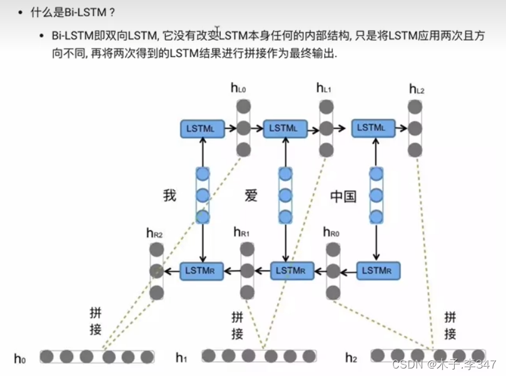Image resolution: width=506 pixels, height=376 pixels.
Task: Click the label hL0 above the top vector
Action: pos(238,89)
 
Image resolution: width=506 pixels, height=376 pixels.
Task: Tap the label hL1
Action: pos(324,89)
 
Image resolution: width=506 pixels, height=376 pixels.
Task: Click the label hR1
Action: pos(241,233)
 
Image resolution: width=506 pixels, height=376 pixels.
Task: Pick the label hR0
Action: pos(331,233)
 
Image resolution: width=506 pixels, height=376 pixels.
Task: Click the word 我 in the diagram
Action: pos(170,196)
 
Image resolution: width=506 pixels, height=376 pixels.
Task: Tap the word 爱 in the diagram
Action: pos(251,196)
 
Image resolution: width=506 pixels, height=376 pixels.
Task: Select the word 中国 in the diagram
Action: pos(343,196)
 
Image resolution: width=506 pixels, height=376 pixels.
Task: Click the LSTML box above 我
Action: pos(201,129)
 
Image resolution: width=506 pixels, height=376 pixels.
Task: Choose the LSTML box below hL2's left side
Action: pos(373,128)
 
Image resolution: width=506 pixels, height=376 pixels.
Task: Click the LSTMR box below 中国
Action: pos(378,270)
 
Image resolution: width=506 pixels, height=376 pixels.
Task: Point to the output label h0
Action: pos(21,358)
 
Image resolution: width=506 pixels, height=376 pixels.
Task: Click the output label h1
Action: pos(181,358)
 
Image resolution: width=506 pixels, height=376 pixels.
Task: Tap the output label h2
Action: pos(352,358)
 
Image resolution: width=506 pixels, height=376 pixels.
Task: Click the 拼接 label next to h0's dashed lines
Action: pos(95,321)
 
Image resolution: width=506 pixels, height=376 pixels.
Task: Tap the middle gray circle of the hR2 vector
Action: pos(156,271)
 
